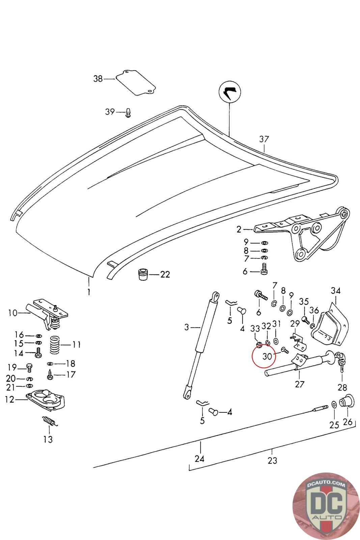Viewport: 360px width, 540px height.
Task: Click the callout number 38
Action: click(98, 79)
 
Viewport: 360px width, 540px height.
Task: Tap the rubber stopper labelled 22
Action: click(143, 274)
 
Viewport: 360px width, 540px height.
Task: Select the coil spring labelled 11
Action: click(55, 346)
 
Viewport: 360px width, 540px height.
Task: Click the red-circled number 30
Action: click(267, 356)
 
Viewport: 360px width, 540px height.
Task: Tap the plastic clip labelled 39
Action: click(129, 113)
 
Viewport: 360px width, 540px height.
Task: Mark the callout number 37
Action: click(264, 139)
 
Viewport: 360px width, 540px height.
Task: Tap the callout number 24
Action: click(199, 459)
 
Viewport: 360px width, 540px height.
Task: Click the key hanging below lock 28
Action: click(342, 369)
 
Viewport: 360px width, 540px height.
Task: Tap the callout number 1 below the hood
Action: click(89, 292)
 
